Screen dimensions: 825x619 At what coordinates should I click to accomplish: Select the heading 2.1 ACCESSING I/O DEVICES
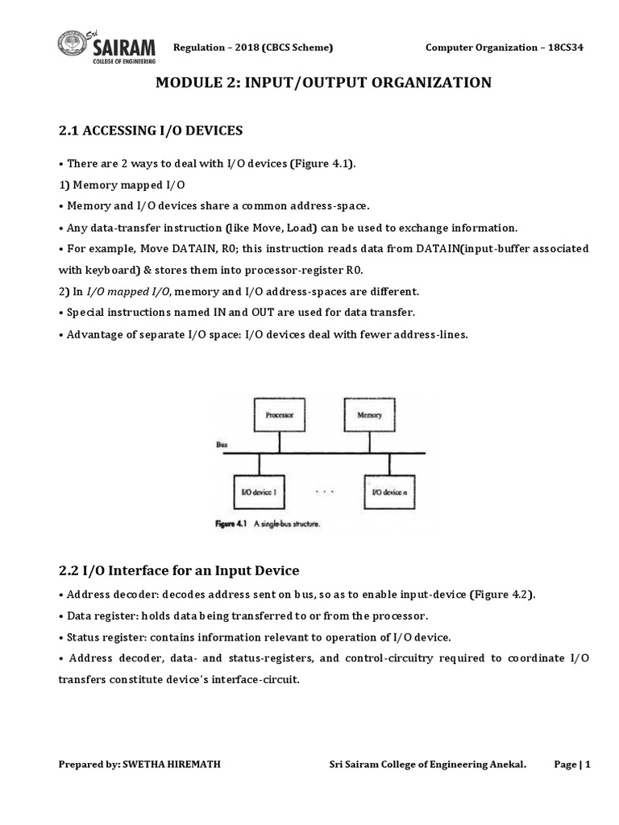(x=150, y=131)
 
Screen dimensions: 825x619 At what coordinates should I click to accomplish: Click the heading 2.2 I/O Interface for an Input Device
(x=178, y=570)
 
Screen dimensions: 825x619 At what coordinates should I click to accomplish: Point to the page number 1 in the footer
(x=588, y=765)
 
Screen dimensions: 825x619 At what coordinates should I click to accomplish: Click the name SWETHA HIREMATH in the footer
(x=171, y=765)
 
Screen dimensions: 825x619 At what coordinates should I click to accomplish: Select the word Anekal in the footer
(x=507, y=765)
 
